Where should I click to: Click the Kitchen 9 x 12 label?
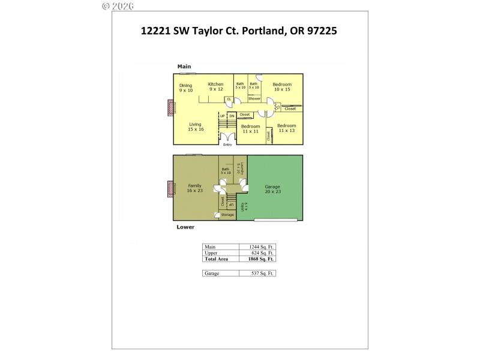coord(215,86)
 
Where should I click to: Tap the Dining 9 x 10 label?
coord(186,88)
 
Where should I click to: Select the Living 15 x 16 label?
coord(196,127)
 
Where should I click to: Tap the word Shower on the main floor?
coord(254,98)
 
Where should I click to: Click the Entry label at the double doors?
coord(227,144)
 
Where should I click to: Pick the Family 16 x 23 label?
coord(194,188)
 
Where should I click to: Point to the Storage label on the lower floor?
coord(227,214)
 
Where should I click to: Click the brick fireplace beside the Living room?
coord(170,108)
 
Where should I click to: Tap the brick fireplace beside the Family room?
coord(170,190)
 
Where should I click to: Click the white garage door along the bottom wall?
coord(275,220)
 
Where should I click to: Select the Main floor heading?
coord(183,66)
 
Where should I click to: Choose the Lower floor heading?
coord(185,227)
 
